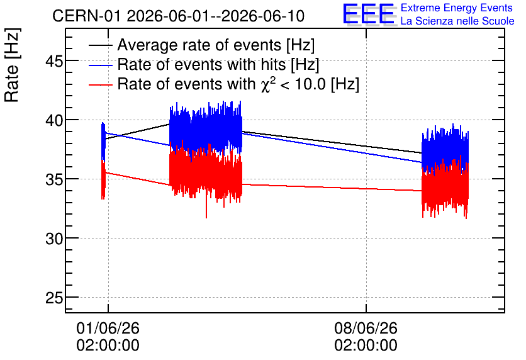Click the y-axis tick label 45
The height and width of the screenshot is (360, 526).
(54, 62)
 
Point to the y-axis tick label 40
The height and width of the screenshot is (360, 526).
(54, 121)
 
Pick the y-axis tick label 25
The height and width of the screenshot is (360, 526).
(54, 298)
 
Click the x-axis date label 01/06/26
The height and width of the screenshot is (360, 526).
(108, 328)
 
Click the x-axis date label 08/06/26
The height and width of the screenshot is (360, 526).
(366, 328)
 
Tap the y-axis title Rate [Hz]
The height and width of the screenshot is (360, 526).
(12, 65)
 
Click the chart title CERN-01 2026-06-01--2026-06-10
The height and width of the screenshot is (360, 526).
(179, 16)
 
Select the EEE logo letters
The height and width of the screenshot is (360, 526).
(369, 14)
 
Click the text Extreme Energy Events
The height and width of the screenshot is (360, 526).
(457, 8)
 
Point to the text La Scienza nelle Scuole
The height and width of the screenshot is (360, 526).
(457, 21)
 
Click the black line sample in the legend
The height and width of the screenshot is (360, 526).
(100, 45)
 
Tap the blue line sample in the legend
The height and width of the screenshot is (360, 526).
(100, 65)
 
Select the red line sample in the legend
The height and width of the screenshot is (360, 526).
(100, 85)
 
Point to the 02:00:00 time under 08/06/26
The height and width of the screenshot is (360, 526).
(366, 346)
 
